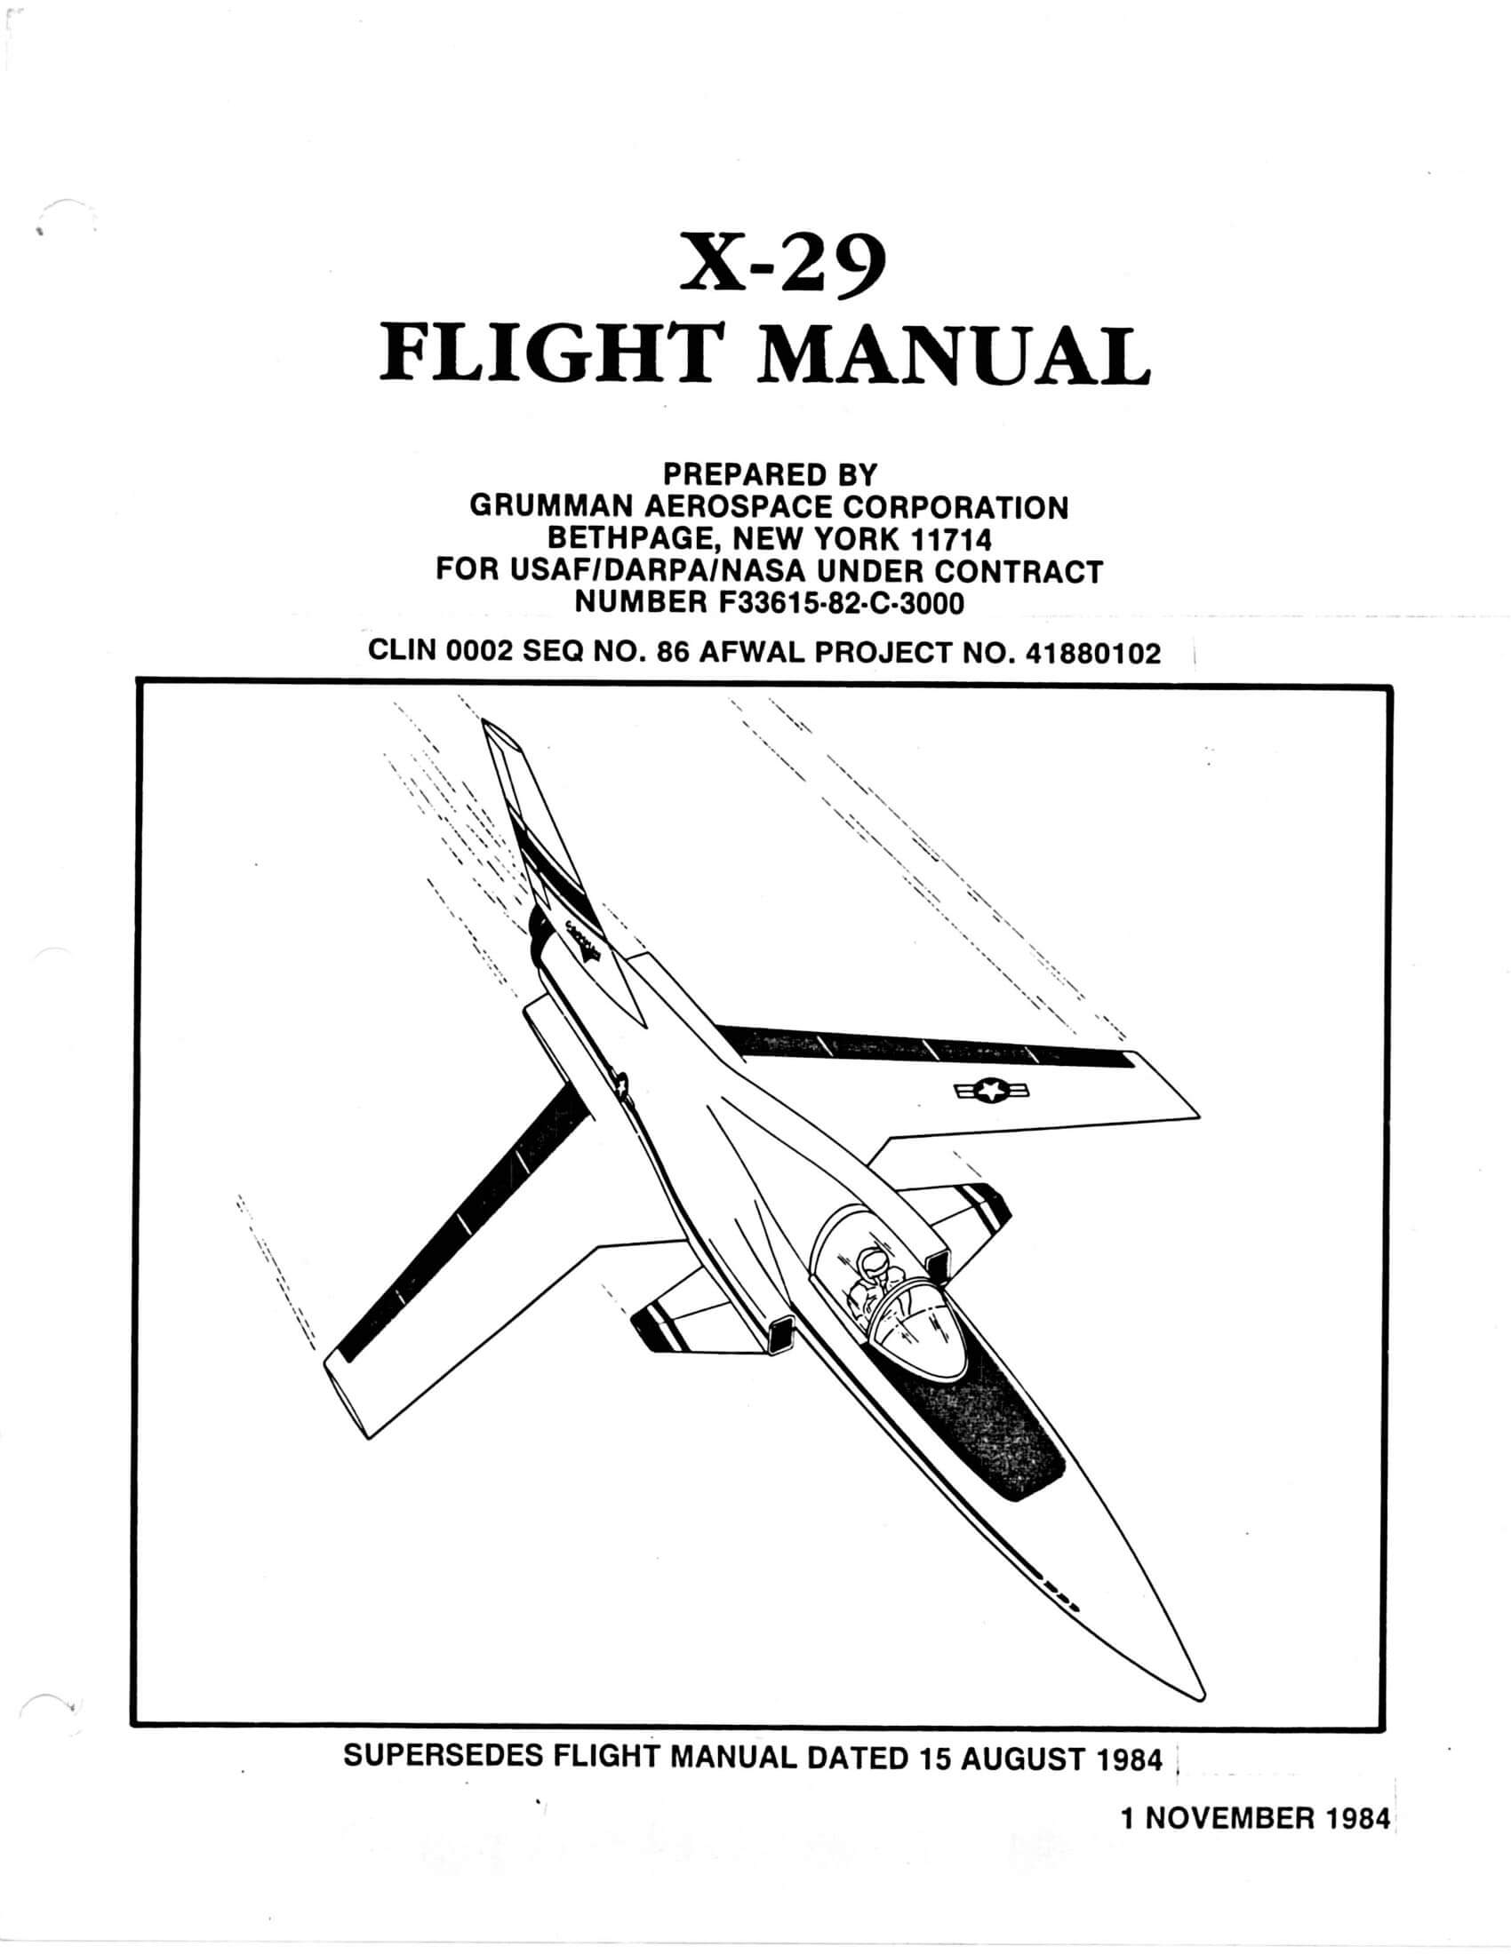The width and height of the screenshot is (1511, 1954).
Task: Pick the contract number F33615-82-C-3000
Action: click(x=841, y=603)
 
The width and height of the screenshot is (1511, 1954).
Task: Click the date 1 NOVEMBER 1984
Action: click(x=1255, y=1817)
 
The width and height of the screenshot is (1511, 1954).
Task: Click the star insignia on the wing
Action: click(x=990, y=1090)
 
